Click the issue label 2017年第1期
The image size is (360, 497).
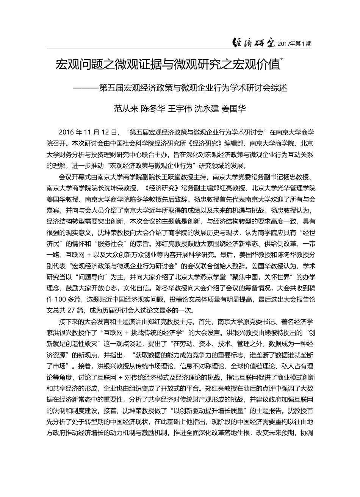click(x=294, y=44)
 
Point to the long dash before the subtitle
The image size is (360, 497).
click(x=86, y=88)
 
